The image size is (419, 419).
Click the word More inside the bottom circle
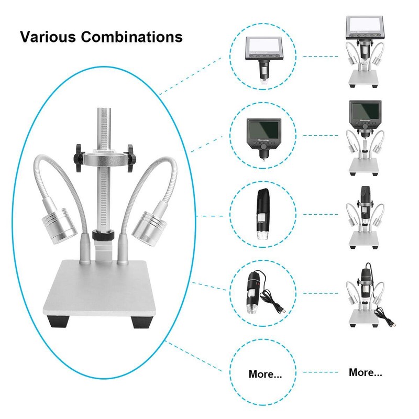point(264,374)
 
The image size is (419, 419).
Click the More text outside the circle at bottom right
point(365,373)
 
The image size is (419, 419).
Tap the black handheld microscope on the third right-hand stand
point(365,202)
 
